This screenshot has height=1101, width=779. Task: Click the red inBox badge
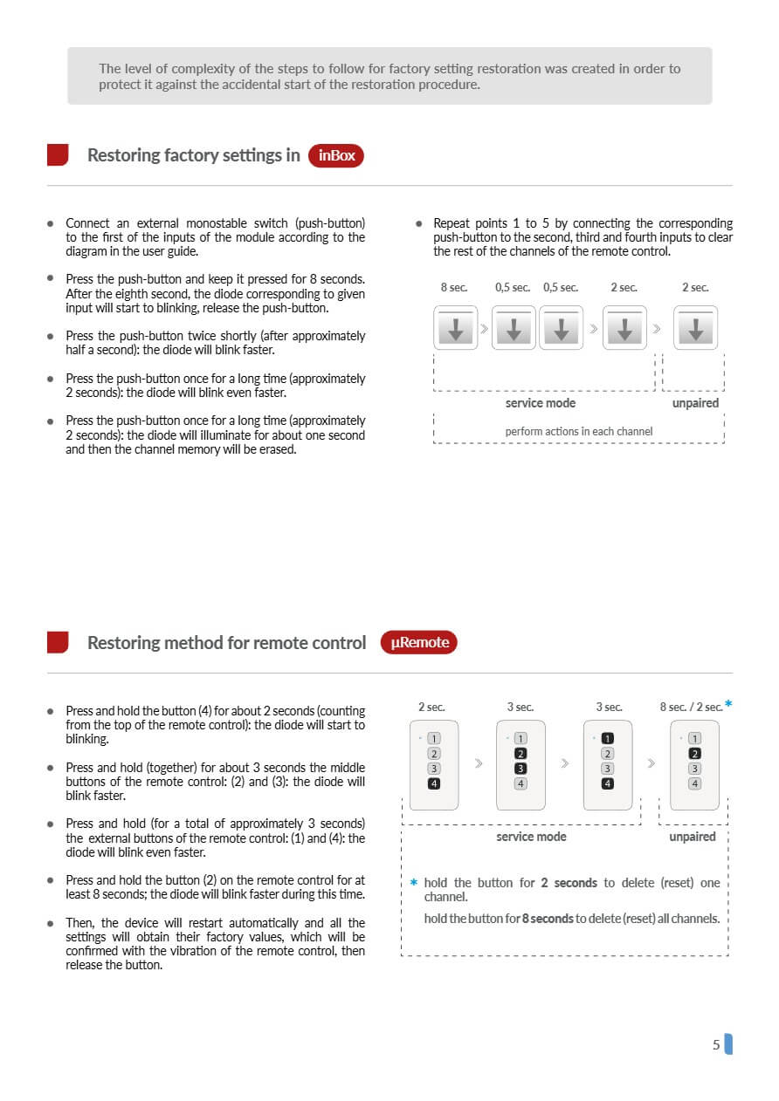pyautogui.click(x=336, y=155)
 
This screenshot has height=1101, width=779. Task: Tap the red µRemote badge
pyautogui.click(x=419, y=643)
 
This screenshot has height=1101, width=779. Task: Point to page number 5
pyautogui.click(x=716, y=1044)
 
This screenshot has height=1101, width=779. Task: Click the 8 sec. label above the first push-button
pyautogui.click(x=453, y=288)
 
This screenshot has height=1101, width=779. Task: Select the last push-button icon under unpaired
pyautogui.click(x=696, y=328)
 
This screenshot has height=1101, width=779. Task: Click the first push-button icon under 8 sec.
pyautogui.click(x=456, y=328)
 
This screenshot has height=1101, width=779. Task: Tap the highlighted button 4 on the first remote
pyautogui.click(x=434, y=783)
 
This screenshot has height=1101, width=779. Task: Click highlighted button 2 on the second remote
pyautogui.click(x=520, y=754)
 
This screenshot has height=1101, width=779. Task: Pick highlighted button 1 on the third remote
pyautogui.click(x=608, y=739)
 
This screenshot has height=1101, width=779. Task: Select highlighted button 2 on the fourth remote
pyautogui.click(x=695, y=754)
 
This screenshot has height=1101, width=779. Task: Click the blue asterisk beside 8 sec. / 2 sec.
pyautogui.click(x=728, y=704)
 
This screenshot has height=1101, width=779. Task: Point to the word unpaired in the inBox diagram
pyautogui.click(x=695, y=403)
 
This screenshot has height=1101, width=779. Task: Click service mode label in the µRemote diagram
pyautogui.click(x=531, y=837)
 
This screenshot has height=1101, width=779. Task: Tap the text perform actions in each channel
pyautogui.click(x=578, y=431)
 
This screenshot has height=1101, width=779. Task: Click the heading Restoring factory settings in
pyautogui.click(x=193, y=155)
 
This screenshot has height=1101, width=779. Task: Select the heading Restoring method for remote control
pyautogui.click(x=226, y=643)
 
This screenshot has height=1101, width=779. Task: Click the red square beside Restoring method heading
pyautogui.click(x=58, y=643)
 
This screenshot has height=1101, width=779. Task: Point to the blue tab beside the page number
pyautogui.click(x=728, y=1044)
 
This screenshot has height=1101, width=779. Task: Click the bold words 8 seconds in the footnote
pyautogui.click(x=547, y=919)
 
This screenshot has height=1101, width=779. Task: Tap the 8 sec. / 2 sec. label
pyautogui.click(x=691, y=708)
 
